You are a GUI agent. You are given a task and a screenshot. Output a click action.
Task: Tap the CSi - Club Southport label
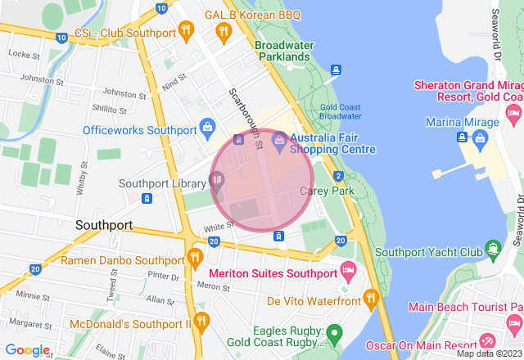124,34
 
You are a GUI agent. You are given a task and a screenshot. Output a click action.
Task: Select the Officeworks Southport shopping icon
207,128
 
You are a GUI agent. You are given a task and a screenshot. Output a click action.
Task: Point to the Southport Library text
162,183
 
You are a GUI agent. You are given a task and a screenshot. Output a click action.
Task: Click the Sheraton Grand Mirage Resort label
468,91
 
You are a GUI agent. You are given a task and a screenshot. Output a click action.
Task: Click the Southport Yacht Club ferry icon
493,247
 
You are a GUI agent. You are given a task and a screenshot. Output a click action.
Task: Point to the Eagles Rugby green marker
334,334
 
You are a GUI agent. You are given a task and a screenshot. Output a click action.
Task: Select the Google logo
27,350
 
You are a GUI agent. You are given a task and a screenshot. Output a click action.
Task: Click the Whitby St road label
82,177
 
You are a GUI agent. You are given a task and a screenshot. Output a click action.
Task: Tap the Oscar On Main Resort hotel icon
488,341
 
